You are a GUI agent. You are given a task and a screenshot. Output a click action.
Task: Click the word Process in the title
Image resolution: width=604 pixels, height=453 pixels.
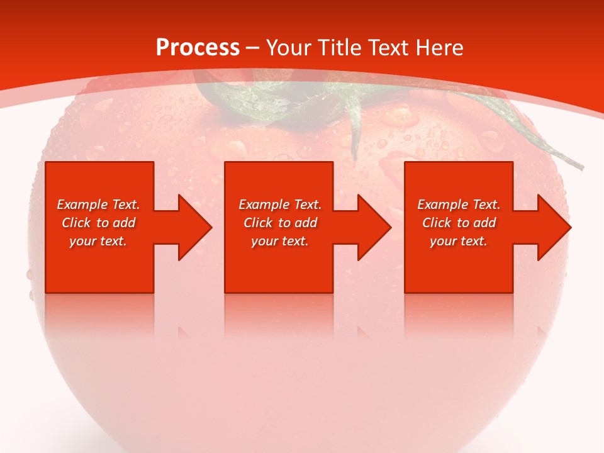tap(198, 48)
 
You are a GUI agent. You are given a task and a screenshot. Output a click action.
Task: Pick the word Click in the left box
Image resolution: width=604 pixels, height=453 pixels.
tap(76, 223)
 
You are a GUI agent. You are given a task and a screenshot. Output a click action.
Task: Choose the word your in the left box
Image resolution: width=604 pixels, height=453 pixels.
tap(82, 241)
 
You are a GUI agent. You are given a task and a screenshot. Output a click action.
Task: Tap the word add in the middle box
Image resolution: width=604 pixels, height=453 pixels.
tap(306, 223)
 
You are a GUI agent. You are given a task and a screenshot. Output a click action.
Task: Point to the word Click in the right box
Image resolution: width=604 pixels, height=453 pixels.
tap(437, 223)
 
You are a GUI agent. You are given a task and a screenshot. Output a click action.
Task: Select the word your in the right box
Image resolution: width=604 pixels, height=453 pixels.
tap(443, 241)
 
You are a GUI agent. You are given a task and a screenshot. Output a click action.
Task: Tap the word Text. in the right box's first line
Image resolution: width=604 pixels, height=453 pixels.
tap(486, 204)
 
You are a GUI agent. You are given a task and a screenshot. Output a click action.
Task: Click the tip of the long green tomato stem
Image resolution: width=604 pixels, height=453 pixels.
tap(581, 167)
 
